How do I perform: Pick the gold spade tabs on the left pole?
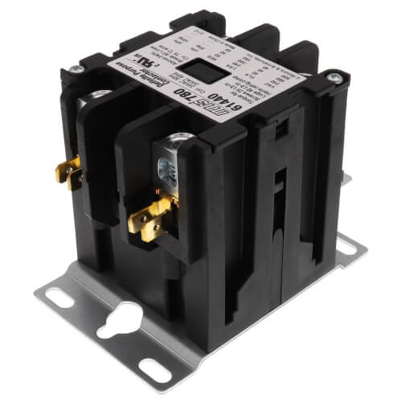(x=73, y=170)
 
